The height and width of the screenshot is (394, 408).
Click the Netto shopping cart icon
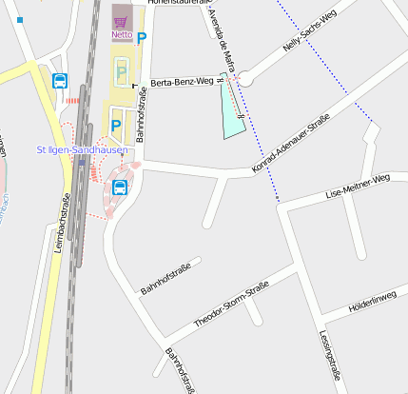(121, 22)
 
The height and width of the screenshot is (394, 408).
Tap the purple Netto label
(122, 36)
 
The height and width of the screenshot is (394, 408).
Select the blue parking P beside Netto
(143, 39)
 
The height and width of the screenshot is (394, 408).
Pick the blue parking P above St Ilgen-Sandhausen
(117, 124)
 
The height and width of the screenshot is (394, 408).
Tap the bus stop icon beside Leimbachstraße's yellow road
(60, 82)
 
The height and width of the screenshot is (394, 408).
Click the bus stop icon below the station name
(120, 187)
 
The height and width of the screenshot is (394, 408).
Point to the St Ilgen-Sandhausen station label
(82, 150)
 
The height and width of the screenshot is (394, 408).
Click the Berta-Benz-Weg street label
(182, 83)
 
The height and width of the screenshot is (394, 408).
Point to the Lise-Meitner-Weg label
(358, 186)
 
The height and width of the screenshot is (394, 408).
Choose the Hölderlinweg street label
(372, 298)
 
